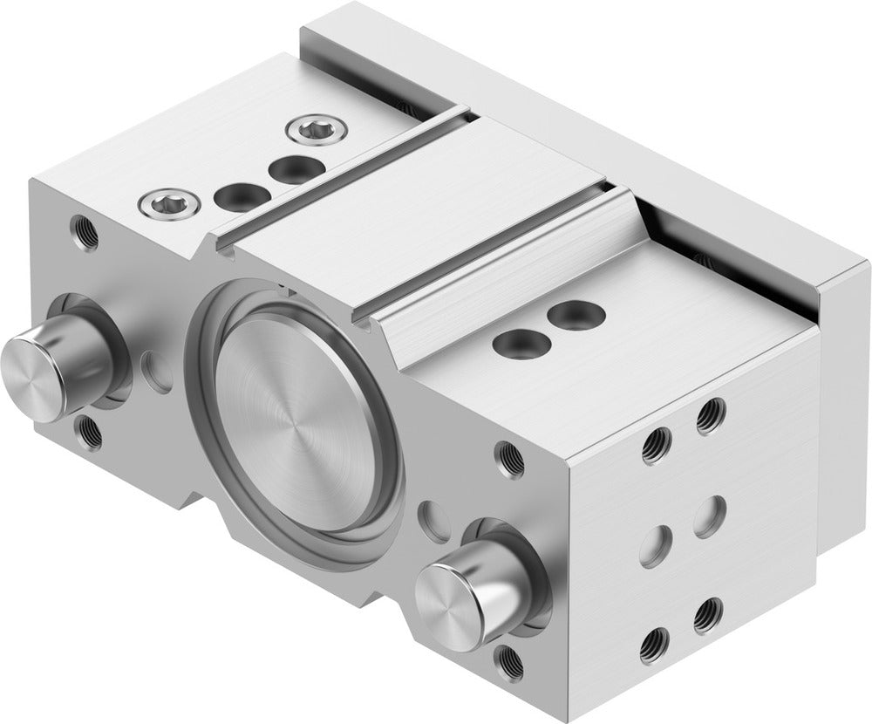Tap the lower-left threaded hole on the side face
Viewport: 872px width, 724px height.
[650, 647]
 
